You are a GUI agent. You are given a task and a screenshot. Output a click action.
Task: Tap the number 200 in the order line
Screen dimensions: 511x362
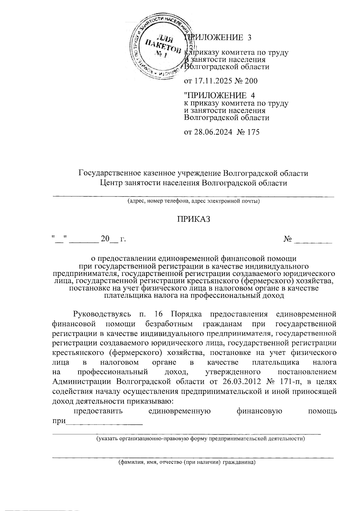[x=251, y=81]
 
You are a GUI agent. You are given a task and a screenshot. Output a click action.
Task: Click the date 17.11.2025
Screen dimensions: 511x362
[x=213, y=81]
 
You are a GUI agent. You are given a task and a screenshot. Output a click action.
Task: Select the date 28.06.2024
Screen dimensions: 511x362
[x=213, y=132]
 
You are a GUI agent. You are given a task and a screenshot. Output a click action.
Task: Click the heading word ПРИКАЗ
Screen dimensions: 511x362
[x=193, y=219]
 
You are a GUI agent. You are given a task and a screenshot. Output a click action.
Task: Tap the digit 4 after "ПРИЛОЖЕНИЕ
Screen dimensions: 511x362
[x=253, y=96]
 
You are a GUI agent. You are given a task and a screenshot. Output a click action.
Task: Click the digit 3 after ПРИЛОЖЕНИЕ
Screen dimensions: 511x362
[x=249, y=38]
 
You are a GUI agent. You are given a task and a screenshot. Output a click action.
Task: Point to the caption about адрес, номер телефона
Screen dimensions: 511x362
[x=193, y=201]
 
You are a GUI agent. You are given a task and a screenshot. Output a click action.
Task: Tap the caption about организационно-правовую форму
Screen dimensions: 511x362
[x=200, y=438]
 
